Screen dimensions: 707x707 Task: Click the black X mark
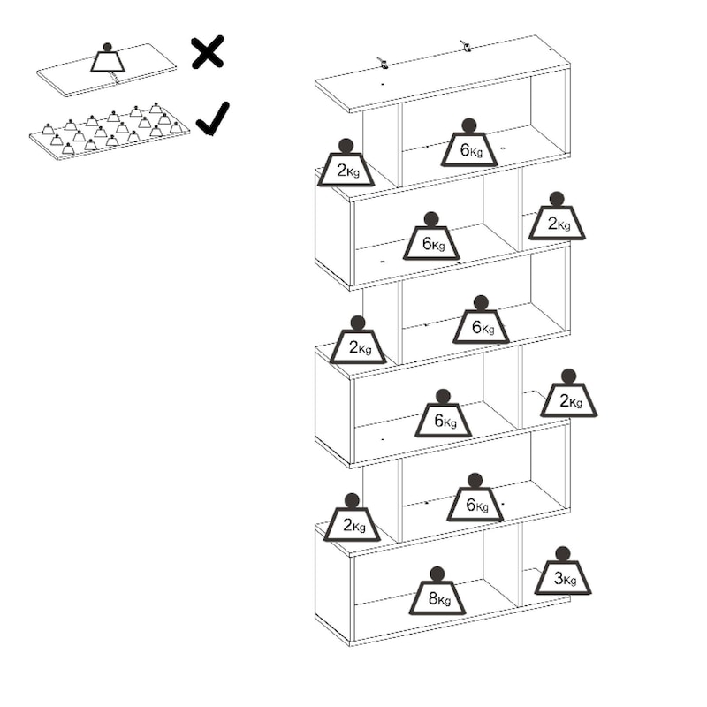click(208, 52)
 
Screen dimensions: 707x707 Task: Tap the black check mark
click(213, 119)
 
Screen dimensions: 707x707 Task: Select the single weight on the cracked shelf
click(107, 57)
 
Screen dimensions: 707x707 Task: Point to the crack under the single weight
click(114, 78)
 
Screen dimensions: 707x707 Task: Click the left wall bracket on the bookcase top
click(383, 64)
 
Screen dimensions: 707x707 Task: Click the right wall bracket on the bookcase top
click(466, 46)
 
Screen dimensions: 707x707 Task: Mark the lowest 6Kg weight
click(475, 498)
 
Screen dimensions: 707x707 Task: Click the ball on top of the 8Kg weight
click(437, 574)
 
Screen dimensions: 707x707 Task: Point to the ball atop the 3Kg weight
click(563, 554)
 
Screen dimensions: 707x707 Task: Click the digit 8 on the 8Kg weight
click(433, 598)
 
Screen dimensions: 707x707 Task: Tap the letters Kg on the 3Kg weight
click(570, 580)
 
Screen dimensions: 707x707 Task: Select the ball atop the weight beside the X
click(107, 48)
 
